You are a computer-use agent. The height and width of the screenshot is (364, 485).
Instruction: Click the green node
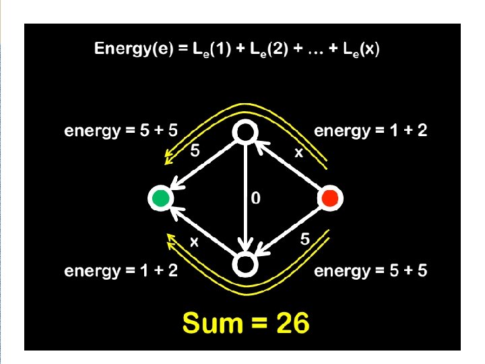tap(160, 198)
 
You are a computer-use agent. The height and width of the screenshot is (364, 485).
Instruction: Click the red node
tap(330, 198)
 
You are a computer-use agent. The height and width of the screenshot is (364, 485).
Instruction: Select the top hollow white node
tap(245, 132)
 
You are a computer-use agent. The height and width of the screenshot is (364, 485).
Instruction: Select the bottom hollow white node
tap(245, 264)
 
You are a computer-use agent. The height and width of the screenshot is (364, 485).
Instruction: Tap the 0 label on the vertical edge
tap(256, 198)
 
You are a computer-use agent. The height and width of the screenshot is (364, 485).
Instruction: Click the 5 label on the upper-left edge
tap(195, 152)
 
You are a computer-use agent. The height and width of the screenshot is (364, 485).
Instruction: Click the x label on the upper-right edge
tap(298, 153)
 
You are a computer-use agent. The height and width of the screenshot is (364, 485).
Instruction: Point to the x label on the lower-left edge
tap(194, 242)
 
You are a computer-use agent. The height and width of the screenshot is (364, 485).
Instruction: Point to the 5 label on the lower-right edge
tap(304, 239)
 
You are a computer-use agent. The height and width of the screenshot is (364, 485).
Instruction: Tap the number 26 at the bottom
tap(290, 324)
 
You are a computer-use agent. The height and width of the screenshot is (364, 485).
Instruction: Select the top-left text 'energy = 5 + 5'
tap(121, 131)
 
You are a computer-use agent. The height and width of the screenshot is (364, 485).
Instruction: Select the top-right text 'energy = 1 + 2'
tap(370, 131)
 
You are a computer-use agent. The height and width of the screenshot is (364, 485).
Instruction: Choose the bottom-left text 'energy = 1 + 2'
tap(121, 271)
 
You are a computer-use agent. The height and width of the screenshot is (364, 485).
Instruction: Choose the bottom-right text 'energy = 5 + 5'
tap(370, 271)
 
